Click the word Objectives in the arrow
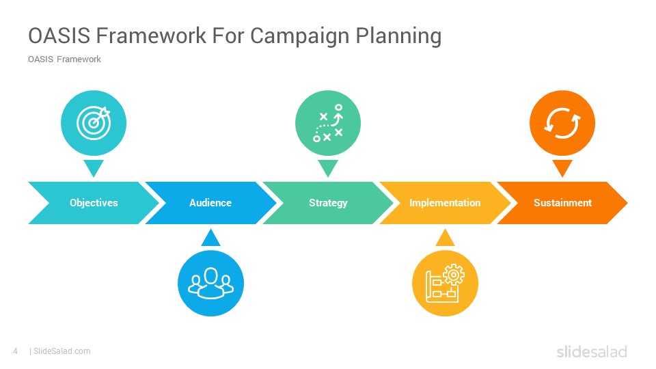tap(94, 203)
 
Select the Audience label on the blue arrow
tap(210, 203)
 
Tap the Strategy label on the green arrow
tap(328, 203)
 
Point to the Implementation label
tap(445, 203)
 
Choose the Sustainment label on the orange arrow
tap(562, 203)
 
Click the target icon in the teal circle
tap(94, 123)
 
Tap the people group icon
tap(211, 283)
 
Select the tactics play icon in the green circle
tap(328, 123)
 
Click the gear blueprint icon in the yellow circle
tap(445, 283)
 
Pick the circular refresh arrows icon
tap(562, 123)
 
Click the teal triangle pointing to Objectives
tap(94, 167)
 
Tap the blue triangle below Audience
tap(211, 238)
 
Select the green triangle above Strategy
tap(328, 167)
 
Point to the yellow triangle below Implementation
tap(445, 238)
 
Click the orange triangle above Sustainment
tap(562, 167)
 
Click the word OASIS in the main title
tap(59, 36)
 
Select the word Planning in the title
tap(398, 36)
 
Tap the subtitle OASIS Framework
tap(64, 59)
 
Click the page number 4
tap(16, 351)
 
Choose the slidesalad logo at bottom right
tap(592, 351)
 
